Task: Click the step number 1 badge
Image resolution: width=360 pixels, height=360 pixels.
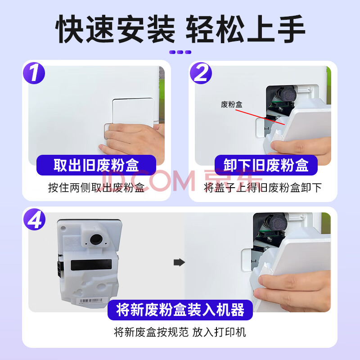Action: click(x=34, y=73)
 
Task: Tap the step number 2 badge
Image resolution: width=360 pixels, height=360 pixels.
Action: click(x=201, y=73)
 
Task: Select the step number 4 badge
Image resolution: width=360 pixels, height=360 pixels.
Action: click(x=35, y=219)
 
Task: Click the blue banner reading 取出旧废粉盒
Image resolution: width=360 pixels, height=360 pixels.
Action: click(x=96, y=165)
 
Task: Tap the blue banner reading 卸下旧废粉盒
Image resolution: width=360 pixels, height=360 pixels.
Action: click(x=266, y=165)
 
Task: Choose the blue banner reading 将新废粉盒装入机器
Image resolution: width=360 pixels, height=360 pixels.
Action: click(x=180, y=310)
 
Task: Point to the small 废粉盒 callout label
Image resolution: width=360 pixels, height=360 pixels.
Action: click(x=231, y=104)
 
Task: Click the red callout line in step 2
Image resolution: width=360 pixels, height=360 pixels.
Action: click(x=260, y=117)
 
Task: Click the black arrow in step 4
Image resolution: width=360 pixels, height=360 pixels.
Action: click(x=179, y=262)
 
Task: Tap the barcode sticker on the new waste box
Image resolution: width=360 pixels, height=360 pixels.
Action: click(x=91, y=301)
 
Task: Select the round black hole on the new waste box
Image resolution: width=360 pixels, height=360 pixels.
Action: click(x=96, y=239)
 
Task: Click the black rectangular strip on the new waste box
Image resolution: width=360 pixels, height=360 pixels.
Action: click(x=91, y=265)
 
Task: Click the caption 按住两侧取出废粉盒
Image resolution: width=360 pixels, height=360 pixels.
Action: click(x=96, y=188)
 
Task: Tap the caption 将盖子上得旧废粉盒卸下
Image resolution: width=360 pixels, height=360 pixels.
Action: click(x=263, y=188)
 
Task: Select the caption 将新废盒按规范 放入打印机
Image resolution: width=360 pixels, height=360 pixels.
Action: click(x=180, y=332)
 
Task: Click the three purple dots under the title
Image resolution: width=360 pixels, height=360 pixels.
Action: click(x=180, y=52)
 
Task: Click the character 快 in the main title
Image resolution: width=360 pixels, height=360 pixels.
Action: click(x=70, y=29)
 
